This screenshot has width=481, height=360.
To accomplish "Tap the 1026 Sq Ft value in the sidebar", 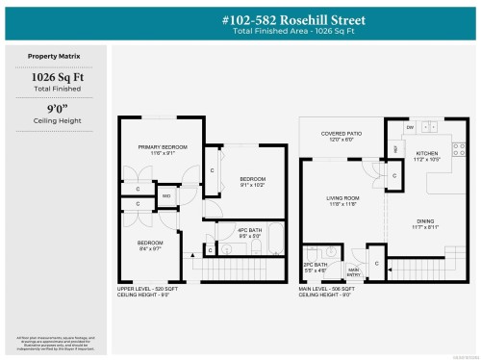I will click(x=56, y=77).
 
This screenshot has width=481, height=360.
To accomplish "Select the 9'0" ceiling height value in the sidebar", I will click(x=56, y=110).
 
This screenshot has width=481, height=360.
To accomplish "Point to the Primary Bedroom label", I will click(x=162, y=146).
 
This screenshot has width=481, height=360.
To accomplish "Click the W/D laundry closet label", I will click(x=165, y=196).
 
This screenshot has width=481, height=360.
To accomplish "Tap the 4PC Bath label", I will click(x=249, y=230).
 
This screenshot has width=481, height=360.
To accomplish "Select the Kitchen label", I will click(x=426, y=153).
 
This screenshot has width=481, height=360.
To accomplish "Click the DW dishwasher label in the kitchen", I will click(x=410, y=127).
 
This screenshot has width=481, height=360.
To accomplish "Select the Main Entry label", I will click(x=353, y=270).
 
